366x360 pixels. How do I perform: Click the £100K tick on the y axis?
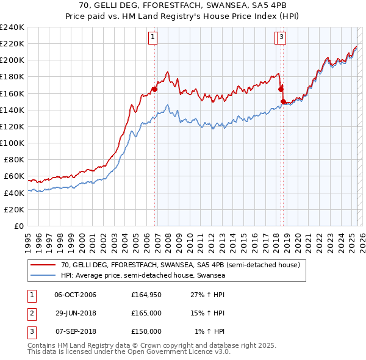click(12, 143)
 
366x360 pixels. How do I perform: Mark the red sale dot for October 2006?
click(154, 88)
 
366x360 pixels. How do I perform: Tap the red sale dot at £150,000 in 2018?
click(283, 101)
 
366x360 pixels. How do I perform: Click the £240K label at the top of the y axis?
click(12, 27)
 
